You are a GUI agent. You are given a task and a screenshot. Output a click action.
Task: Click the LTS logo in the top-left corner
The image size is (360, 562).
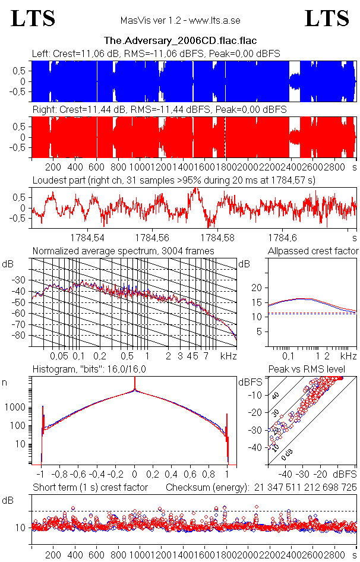33,19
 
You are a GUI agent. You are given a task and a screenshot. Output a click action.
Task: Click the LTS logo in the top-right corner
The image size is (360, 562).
327,19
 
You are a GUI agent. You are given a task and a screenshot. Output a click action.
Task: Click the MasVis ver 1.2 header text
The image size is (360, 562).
180,21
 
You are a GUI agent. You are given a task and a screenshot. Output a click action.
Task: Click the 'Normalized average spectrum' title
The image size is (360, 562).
123,251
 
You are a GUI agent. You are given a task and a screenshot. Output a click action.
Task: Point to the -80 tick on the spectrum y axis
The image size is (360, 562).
22,336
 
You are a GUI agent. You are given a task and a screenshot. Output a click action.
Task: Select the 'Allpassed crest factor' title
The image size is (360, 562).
313,251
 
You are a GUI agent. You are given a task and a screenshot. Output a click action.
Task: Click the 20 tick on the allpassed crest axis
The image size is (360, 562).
257,288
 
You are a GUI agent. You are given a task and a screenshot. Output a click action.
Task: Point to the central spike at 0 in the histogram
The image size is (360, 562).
135,391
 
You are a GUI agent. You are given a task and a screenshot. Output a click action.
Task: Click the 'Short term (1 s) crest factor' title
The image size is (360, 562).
90,487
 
